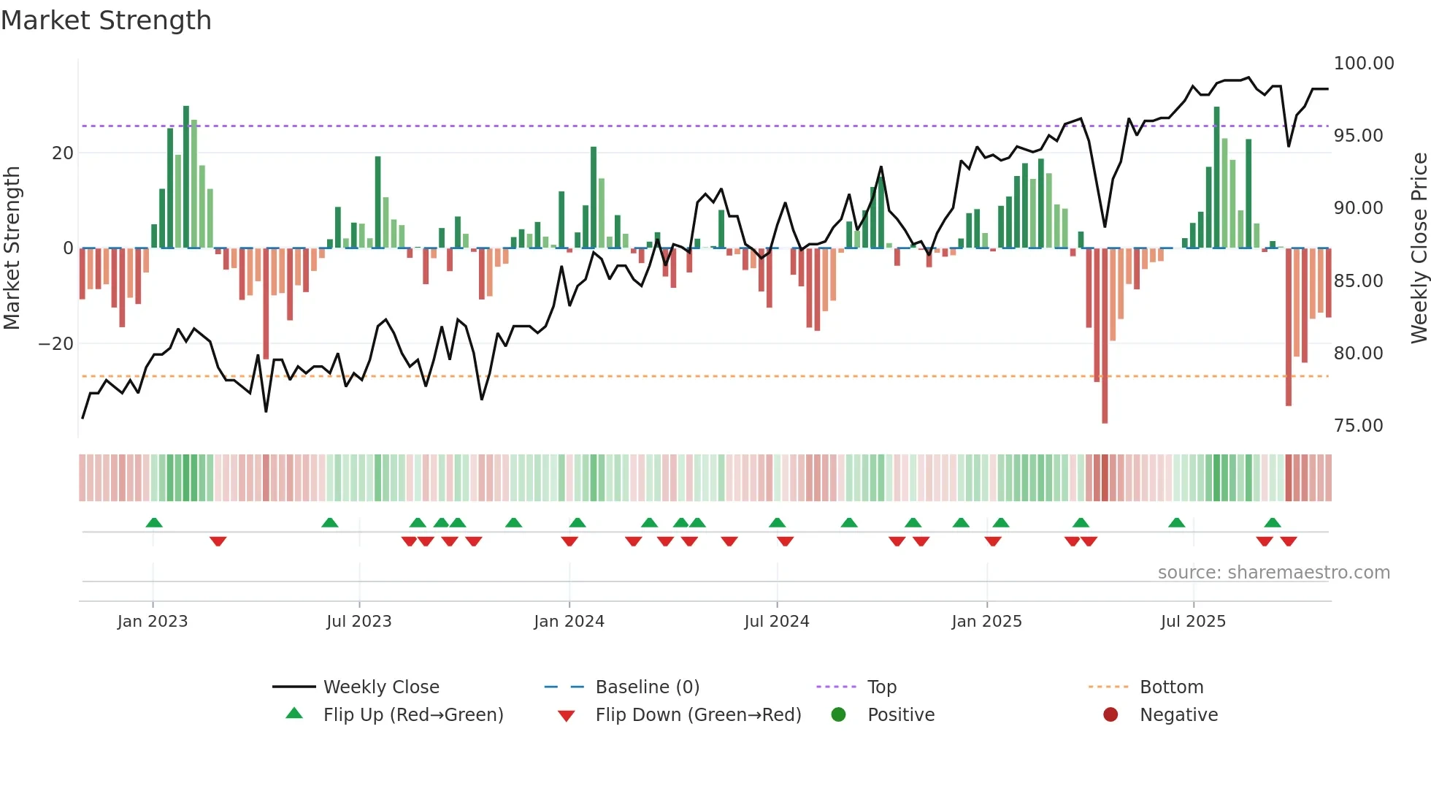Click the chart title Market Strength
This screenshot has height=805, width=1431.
coord(106,20)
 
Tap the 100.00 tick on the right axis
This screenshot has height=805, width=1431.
coord(1363,64)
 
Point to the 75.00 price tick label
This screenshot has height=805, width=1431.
coord(1358,426)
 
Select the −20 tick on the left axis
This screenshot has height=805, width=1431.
coord(56,344)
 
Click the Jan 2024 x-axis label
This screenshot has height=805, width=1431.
coord(569,622)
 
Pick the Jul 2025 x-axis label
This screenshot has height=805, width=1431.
coord(1193,622)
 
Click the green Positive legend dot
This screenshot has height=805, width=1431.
coord(838,715)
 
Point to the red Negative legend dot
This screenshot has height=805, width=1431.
coord(1110,715)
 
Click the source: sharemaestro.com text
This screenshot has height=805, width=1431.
coord(1273,573)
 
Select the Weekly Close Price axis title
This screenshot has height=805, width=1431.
coord(1419,248)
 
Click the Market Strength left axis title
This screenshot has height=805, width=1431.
coord(12,248)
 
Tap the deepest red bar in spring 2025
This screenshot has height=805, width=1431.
coord(1105,336)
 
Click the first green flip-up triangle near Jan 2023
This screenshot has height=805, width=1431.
coord(154,523)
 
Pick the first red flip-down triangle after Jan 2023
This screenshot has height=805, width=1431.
coord(218,541)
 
